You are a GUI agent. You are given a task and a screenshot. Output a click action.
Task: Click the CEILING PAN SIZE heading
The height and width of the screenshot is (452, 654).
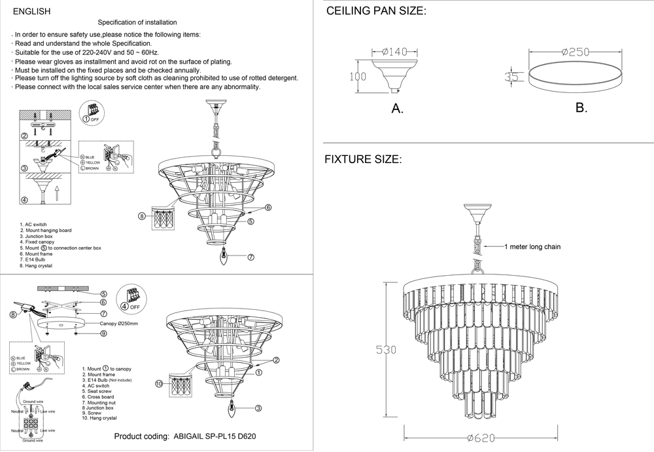click(376, 12)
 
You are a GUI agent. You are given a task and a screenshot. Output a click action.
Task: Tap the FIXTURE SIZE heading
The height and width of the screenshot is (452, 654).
click(363, 159)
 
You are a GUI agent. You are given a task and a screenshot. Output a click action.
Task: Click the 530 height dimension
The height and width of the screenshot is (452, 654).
click(386, 350)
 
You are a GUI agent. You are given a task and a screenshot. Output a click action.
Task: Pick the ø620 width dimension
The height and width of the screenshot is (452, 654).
click(480, 438)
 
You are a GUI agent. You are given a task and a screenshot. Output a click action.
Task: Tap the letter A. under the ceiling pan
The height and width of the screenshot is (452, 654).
click(397, 109)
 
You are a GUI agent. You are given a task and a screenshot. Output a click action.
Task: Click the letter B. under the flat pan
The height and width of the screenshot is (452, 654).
click(581, 107)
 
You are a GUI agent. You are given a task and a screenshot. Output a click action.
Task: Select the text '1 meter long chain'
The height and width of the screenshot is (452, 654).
click(532, 247)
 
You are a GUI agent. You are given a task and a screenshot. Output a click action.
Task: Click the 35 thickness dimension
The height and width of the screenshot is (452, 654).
click(511, 77)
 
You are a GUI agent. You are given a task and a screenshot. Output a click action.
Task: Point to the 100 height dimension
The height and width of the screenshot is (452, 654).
click(357, 77)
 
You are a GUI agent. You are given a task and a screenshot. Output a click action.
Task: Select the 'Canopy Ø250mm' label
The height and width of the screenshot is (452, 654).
click(120, 324)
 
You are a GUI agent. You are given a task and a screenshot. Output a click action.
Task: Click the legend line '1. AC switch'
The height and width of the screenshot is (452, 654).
click(33, 225)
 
